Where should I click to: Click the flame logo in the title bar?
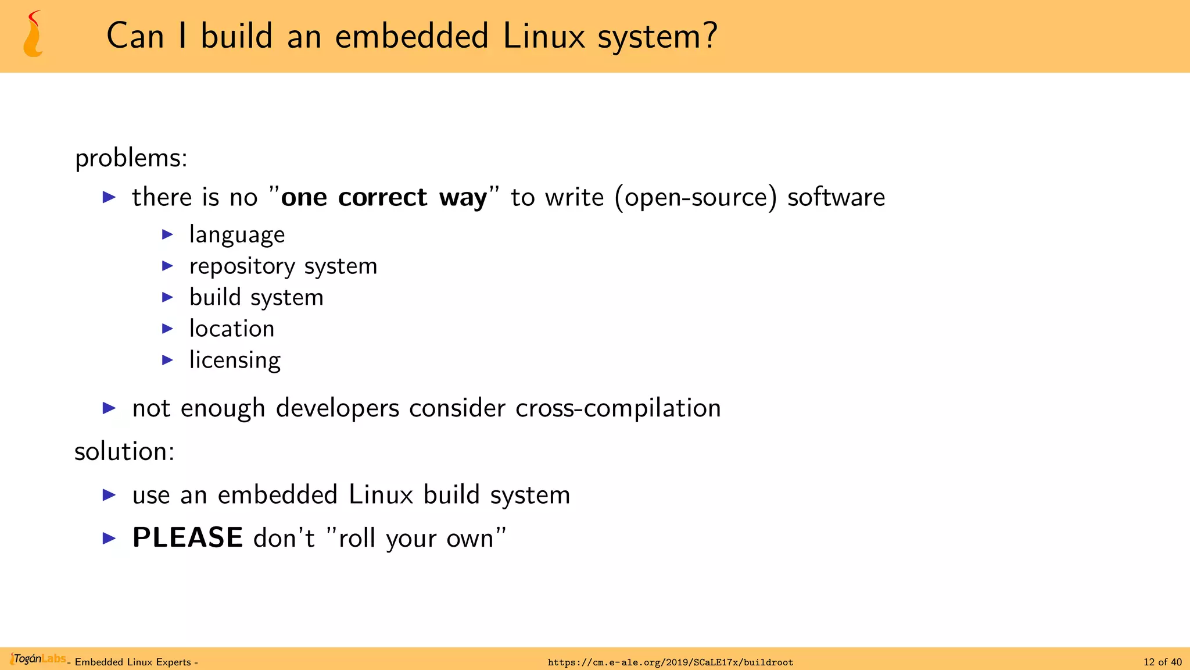[x=33, y=35]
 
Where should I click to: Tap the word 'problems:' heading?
[x=131, y=158]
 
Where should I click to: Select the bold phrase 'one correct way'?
[x=383, y=198]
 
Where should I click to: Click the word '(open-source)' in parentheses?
[x=696, y=198]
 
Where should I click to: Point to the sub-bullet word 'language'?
[x=237, y=235]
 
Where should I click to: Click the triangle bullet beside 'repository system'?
[x=167, y=266]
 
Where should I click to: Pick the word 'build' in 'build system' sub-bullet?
[x=215, y=298]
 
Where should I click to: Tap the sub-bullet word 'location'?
[x=232, y=329]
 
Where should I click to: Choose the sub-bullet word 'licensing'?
[x=235, y=361]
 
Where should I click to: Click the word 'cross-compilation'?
[x=618, y=408]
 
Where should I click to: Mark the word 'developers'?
[x=338, y=408]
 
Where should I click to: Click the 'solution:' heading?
[x=124, y=452]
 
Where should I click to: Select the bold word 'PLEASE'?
[x=188, y=538]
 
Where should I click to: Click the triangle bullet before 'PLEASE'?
[x=109, y=538]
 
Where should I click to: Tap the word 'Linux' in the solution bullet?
[x=381, y=495]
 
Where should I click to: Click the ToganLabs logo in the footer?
[x=38, y=659]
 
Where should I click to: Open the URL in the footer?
[x=671, y=662]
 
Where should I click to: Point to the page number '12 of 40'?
[x=1162, y=662]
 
